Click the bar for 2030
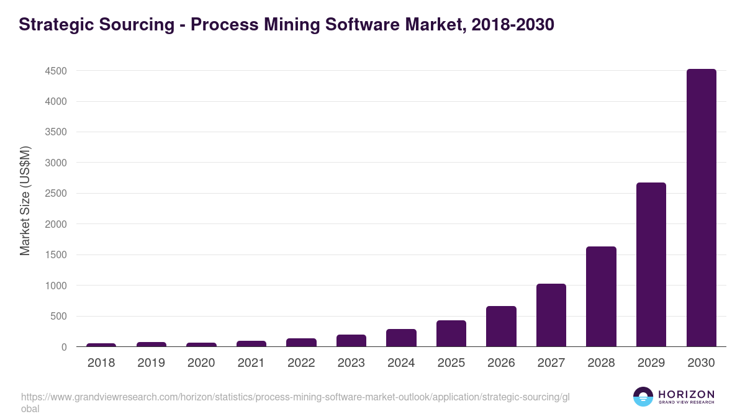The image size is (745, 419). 701,208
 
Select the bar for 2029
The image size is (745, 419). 651,264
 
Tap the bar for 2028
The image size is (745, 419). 601,297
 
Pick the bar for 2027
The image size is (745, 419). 551,315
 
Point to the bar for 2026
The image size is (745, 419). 501,327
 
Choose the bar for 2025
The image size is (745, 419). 451,333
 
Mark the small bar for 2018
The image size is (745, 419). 101,345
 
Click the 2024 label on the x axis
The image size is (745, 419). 401,363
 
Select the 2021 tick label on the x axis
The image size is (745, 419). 251,363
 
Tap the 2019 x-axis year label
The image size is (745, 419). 151,363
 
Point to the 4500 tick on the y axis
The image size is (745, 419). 55,71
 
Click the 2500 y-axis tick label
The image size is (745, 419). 55,194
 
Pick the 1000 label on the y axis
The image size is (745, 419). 55,286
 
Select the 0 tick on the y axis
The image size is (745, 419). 64,348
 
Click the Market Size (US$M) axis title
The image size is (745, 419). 25,200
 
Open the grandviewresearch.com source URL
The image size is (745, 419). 295,397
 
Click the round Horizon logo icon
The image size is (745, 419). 643,397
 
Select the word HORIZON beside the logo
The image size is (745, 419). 686,394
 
